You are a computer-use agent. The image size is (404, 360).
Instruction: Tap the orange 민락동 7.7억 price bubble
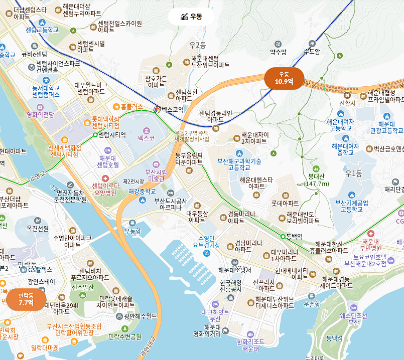pyautogui.click(x=26, y=299)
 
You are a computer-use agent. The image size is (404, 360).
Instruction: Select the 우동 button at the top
pyautogui.click(x=191, y=17)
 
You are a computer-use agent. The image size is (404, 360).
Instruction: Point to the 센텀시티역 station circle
pyautogui.click(x=95, y=134)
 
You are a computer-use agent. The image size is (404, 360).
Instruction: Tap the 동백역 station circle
pyautogui.click(x=282, y=236)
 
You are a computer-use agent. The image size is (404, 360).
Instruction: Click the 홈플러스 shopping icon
pyautogui.click(x=116, y=106)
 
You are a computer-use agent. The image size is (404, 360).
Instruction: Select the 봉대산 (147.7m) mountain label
pyautogui.click(x=316, y=180)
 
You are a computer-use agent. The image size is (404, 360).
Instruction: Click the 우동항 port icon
pyautogui.click(x=132, y=223)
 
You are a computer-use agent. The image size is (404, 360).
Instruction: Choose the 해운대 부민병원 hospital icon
pyautogui.click(x=370, y=234)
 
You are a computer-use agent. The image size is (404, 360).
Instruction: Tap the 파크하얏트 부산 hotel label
pyautogui.click(x=215, y=315)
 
